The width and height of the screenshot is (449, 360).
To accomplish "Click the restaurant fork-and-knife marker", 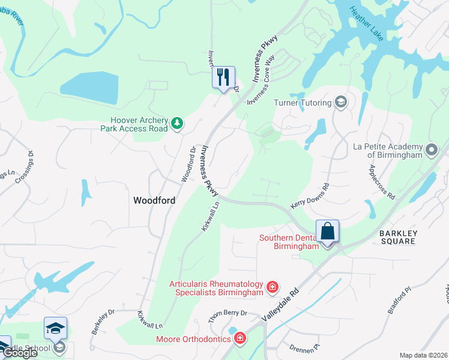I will pos(223,77).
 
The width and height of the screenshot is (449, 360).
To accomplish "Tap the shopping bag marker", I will pos(328,232).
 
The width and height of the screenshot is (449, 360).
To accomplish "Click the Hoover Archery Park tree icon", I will pos(176,123).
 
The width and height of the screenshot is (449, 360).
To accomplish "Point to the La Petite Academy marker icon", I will pos(432,149).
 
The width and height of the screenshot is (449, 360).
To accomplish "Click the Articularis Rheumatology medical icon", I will pos(273,288).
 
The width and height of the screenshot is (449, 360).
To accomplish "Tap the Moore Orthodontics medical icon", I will pos(240,340).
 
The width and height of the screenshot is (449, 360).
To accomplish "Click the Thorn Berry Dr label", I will pos(228,316).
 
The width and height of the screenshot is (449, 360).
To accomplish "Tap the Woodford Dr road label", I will pos(188,165).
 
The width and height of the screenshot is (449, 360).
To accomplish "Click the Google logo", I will pos(20,353).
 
